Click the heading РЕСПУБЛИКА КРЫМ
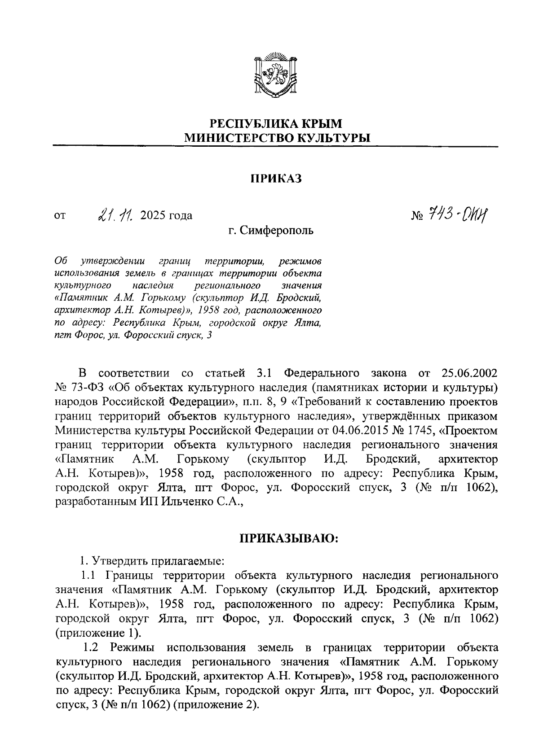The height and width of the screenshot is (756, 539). click(x=276, y=123)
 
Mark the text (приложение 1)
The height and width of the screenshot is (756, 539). click(x=98, y=633)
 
